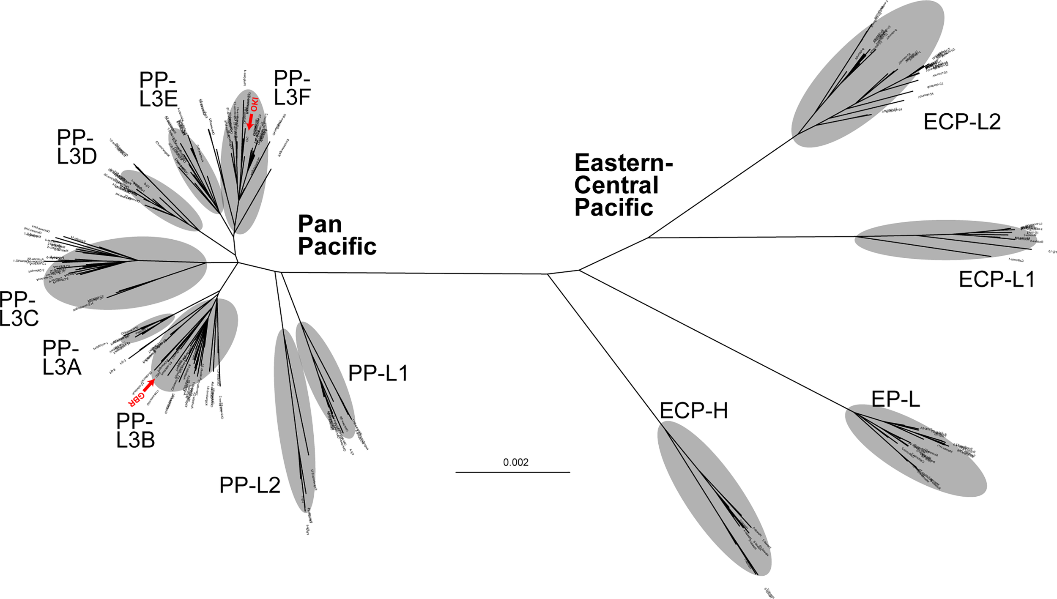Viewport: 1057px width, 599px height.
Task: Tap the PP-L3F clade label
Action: (x=292, y=88)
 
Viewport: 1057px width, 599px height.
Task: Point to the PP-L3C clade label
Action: (x=19, y=309)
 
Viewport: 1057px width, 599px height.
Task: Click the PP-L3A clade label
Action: (x=61, y=358)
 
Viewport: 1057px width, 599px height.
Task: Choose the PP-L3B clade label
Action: (x=135, y=430)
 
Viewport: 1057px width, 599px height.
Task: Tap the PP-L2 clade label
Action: (x=250, y=485)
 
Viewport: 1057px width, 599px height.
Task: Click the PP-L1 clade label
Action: (x=378, y=373)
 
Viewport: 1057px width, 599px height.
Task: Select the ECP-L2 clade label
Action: (x=962, y=122)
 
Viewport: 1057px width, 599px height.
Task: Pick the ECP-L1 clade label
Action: (x=997, y=279)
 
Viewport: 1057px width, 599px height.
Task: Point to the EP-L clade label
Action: (x=895, y=399)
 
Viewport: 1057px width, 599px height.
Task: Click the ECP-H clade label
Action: (x=694, y=410)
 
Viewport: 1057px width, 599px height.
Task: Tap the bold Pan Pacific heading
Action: (x=337, y=235)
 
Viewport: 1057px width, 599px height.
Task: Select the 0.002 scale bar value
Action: (x=515, y=462)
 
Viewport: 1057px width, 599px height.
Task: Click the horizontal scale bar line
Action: (x=512, y=472)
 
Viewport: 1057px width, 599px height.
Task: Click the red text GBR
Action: (x=136, y=399)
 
